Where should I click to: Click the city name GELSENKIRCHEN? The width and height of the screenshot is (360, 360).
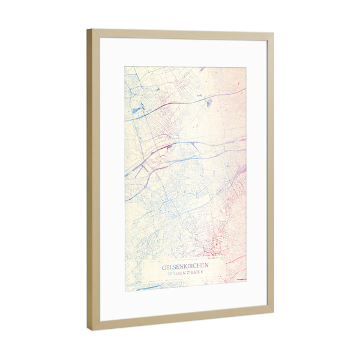[185, 267]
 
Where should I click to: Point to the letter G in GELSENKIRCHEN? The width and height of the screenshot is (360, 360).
[164, 267]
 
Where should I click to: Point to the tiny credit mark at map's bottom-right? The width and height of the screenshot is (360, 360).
[241, 278]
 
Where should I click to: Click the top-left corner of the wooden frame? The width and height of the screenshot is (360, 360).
[88, 29]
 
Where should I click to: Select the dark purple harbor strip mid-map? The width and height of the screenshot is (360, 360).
[168, 146]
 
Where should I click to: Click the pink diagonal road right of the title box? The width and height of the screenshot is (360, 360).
[236, 260]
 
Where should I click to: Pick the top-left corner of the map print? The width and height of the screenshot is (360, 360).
[125, 67]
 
